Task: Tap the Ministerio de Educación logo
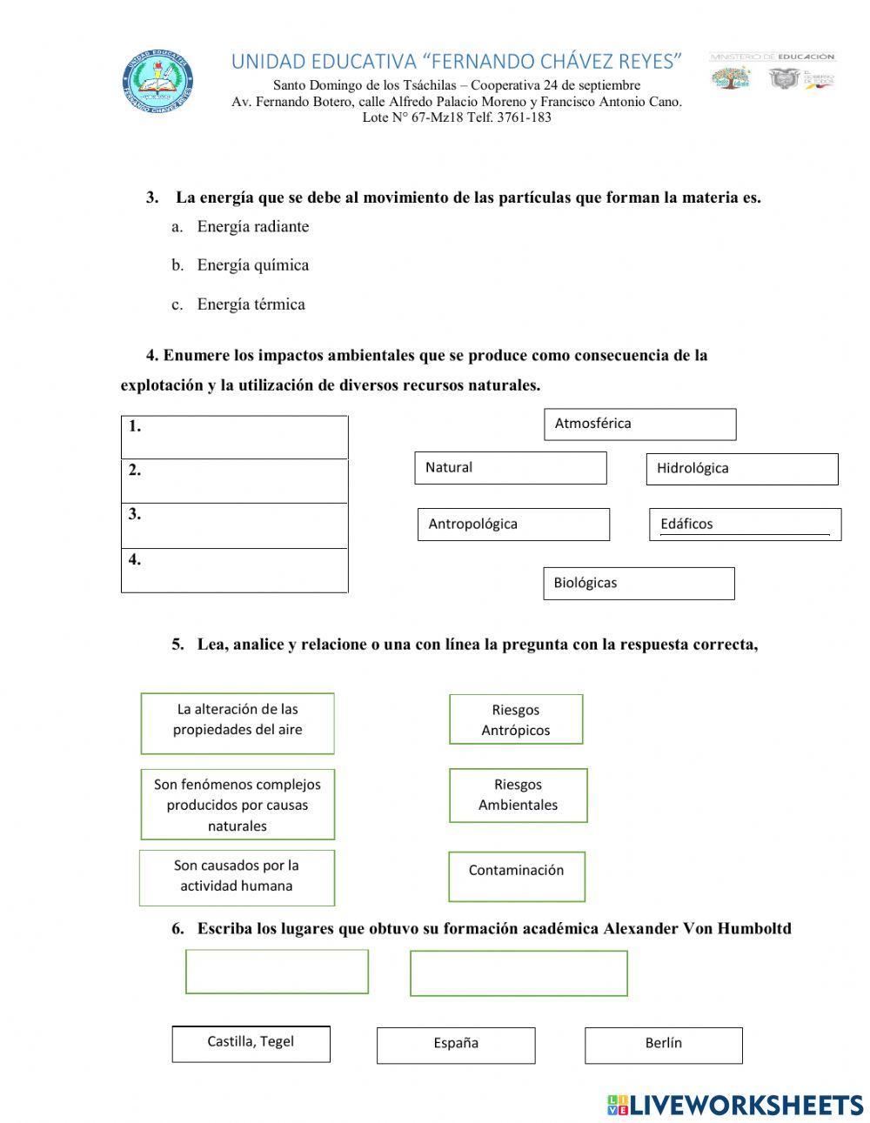(773, 71)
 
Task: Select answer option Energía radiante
(252, 227)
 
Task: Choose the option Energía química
(252, 265)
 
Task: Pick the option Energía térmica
(251, 304)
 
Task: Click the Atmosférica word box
(639, 424)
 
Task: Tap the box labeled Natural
(511, 468)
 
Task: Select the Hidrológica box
(742, 469)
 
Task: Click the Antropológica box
(513, 525)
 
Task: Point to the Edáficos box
(745, 525)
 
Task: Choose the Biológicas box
(639, 584)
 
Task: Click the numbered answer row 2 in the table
(234, 481)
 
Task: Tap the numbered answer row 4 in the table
(234, 571)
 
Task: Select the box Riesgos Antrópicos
(516, 719)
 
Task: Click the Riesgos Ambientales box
(518, 795)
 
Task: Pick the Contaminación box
(517, 876)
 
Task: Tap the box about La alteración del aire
(238, 723)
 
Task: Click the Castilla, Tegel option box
(251, 1044)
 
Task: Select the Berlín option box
(663, 1045)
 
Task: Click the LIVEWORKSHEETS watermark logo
(735, 1105)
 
